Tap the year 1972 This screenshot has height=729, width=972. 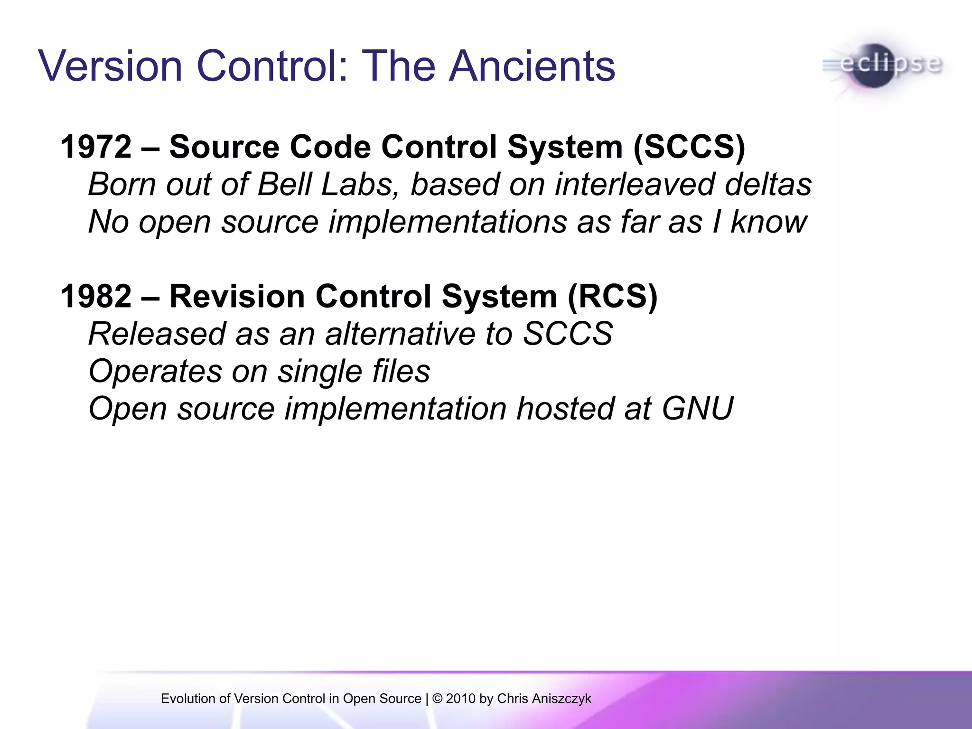[x=96, y=147]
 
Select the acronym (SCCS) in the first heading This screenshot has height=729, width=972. [x=689, y=147]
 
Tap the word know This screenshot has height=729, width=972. [x=769, y=222]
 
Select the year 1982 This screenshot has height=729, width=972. [x=96, y=297]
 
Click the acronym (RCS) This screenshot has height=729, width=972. [x=612, y=297]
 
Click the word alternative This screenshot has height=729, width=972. [x=400, y=334]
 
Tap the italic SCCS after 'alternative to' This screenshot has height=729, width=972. [x=568, y=334]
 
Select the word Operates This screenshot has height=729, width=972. [x=155, y=371]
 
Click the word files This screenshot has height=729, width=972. [x=401, y=371]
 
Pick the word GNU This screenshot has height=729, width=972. [x=698, y=409]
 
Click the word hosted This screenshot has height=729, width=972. [x=565, y=409]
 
